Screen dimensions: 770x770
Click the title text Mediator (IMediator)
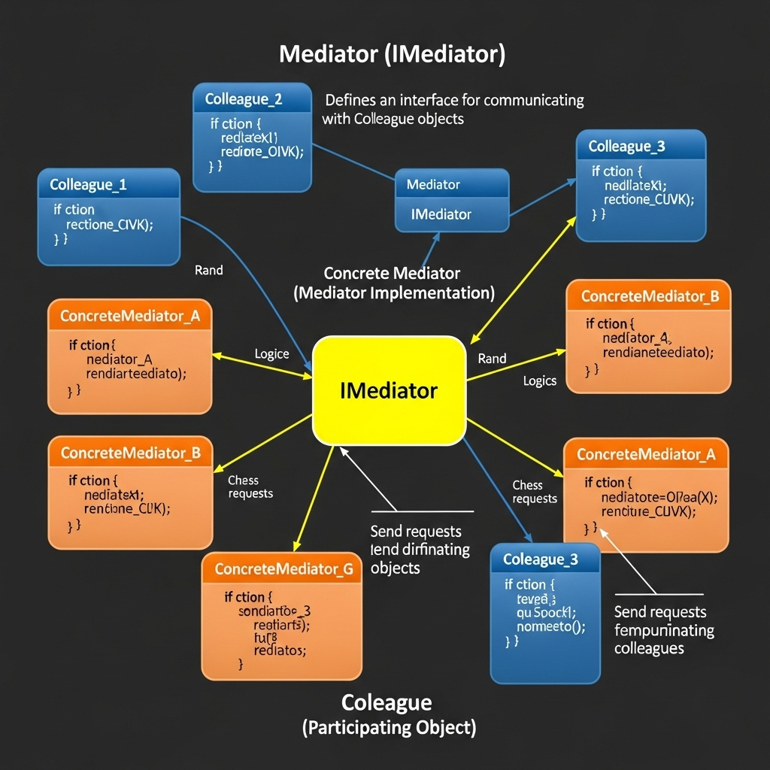[x=392, y=55]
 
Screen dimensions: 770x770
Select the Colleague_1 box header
[x=88, y=184]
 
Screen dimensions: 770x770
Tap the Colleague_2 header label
[x=244, y=99]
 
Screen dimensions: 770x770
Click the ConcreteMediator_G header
[x=283, y=569]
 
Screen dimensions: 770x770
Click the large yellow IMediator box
[x=389, y=391]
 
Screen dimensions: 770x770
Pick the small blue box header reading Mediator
[x=433, y=184]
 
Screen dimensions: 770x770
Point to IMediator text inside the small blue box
[x=441, y=214]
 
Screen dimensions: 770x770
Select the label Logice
[x=271, y=354]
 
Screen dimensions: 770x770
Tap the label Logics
[x=539, y=381]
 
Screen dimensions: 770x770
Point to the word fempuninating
[x=664, y=630]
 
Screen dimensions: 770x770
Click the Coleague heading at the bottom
[x=387, y=702]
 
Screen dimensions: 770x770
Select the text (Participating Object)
[x=389, y=727]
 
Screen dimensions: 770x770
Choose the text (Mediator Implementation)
[x=393, y=293]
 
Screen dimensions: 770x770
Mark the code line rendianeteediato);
[x=658, y=352]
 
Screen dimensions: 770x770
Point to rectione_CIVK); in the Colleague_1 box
[x=109, y=224]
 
